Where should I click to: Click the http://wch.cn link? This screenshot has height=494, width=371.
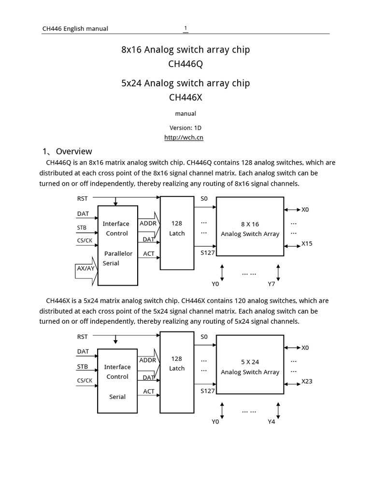pyautogui.click(x=184, y=137)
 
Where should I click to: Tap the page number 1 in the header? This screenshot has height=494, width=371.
pyautogui.click(x=185, y=28)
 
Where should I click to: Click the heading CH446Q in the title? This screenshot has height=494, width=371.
pyautogui.click(x=185, y=64)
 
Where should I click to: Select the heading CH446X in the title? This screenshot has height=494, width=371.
pyautogui.click(x=185, y=97)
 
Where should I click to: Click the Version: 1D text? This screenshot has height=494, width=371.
pyautogui.click(x=185, y=128)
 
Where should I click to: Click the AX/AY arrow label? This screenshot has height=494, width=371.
pyautogui.click(x=86, y=268)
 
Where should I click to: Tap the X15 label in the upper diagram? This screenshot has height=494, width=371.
pyautogui.click(x=307, y=244)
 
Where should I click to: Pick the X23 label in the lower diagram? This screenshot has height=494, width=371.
pyautogui.click(x=307, y=381)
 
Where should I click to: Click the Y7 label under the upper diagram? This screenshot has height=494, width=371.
pyautogui.click(x=272, y=284)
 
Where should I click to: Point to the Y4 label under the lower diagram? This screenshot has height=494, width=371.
pyautogui.click(x=272, y=422)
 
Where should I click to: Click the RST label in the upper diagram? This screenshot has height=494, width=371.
pyautogui.click(x=83, y=198)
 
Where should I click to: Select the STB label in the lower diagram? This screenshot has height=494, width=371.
pyautogui.click(x=83, y=367)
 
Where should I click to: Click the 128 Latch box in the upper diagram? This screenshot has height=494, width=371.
pyautogui.click(x=177, y=233)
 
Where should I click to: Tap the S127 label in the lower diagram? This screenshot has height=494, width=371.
pyautogui.click(x=207, y=391)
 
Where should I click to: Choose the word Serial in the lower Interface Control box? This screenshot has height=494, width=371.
pyautogui.click(x=117, y=397)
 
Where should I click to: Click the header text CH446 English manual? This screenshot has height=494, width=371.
pyautogui.click(x=75, y=28)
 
